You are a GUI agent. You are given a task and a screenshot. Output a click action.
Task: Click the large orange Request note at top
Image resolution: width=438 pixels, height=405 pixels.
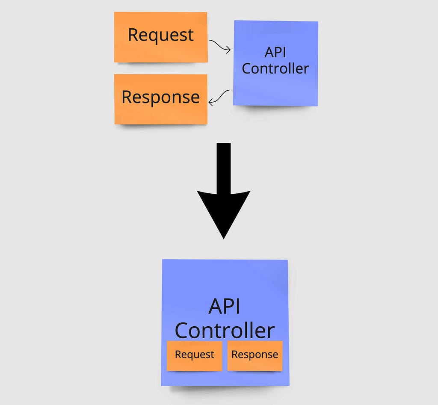[x=161, y=37]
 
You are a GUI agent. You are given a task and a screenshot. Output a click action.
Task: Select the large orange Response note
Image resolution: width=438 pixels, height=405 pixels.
[x=161, y=99]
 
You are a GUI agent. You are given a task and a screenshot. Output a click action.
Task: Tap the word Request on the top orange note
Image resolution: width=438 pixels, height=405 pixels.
[x=161, y=35]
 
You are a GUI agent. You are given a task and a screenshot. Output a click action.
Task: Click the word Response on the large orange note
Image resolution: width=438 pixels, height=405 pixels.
[x=161, y=97]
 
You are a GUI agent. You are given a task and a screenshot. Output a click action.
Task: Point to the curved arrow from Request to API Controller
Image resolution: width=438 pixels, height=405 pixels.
[x=219, y=45]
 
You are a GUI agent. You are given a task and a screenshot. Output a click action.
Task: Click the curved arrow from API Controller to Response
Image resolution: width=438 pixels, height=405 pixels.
[x=219, y=98]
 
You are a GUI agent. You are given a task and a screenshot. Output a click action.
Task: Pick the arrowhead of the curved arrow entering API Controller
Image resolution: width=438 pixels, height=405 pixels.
[x=228, y=50]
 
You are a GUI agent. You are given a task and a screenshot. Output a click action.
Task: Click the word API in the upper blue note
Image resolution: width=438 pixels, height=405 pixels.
[x=275, y=52]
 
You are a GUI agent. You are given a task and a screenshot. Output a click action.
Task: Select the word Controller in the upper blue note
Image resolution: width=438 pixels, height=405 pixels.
[x=275, y=69]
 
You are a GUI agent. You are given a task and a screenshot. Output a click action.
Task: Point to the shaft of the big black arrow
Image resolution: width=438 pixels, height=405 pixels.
[x=224, y=169]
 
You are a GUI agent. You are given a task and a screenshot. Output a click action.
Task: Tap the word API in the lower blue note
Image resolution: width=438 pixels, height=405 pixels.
[x=224, y=306]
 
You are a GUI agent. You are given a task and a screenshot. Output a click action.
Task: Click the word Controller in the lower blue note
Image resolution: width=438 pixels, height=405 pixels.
[x=225, y=330]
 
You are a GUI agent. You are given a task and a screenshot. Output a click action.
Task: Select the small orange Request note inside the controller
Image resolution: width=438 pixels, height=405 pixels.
[x=195, y=356]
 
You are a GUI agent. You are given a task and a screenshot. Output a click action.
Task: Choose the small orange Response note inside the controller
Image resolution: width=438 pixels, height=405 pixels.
[x=255, y=356]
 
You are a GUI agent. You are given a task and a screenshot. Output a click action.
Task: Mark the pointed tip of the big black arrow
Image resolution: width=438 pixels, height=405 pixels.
[x=224, y=239]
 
